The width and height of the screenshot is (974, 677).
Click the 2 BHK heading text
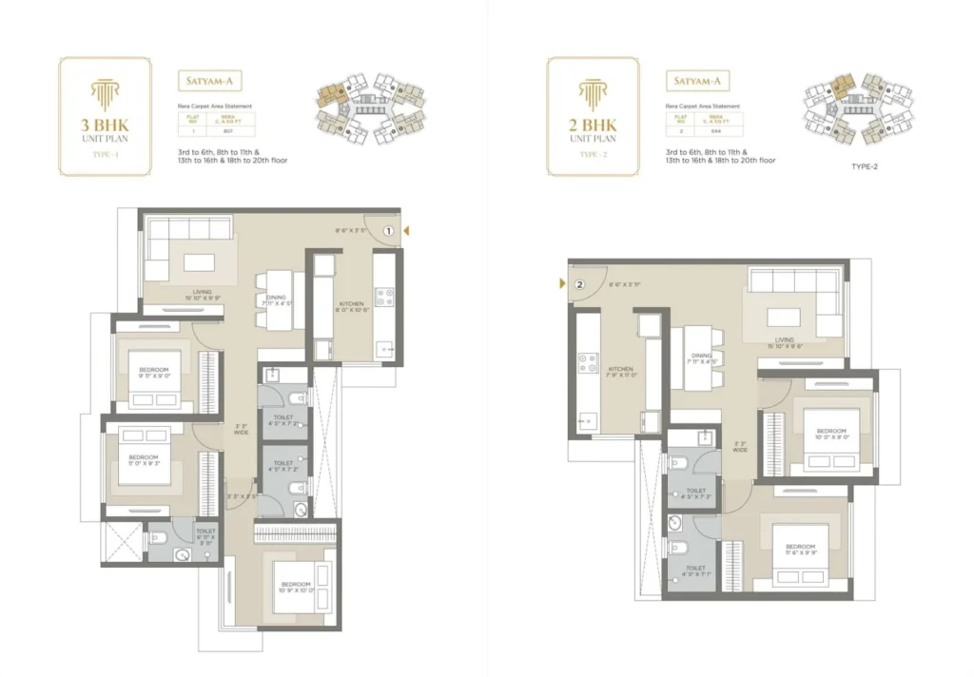coord(594,125)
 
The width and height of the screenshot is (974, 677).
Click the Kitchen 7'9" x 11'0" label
coord(620,373)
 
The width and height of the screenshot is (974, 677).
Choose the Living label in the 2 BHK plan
coord(785,342)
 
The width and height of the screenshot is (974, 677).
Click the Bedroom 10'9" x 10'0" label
coord(295,587)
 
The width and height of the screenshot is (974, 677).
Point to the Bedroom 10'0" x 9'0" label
coord(830,434)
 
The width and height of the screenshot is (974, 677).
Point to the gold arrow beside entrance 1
coord(406,230)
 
